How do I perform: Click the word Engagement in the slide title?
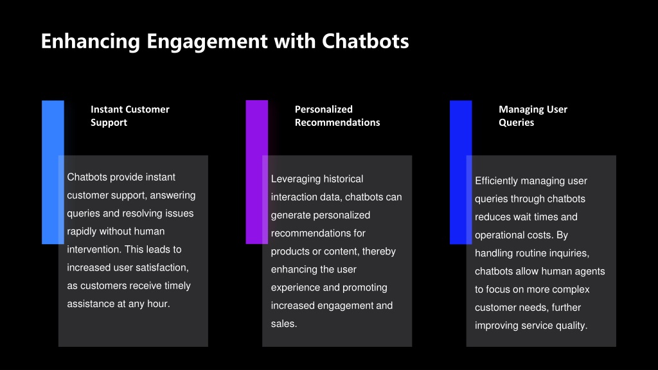click(207, 42)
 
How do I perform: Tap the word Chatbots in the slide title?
click(365, 41)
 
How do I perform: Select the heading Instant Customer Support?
click(130, 116)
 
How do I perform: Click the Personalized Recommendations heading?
click(337, 116)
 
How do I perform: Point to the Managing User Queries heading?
click(533, 116)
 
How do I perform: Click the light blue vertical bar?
click(53, 172)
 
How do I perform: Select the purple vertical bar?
click(257, 172)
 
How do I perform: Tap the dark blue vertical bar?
click(461, 172)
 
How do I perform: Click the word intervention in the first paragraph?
click(94, 249)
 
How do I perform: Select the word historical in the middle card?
click(344, 179)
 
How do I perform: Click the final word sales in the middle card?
click(283, 324)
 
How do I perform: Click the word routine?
click(533, 253)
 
